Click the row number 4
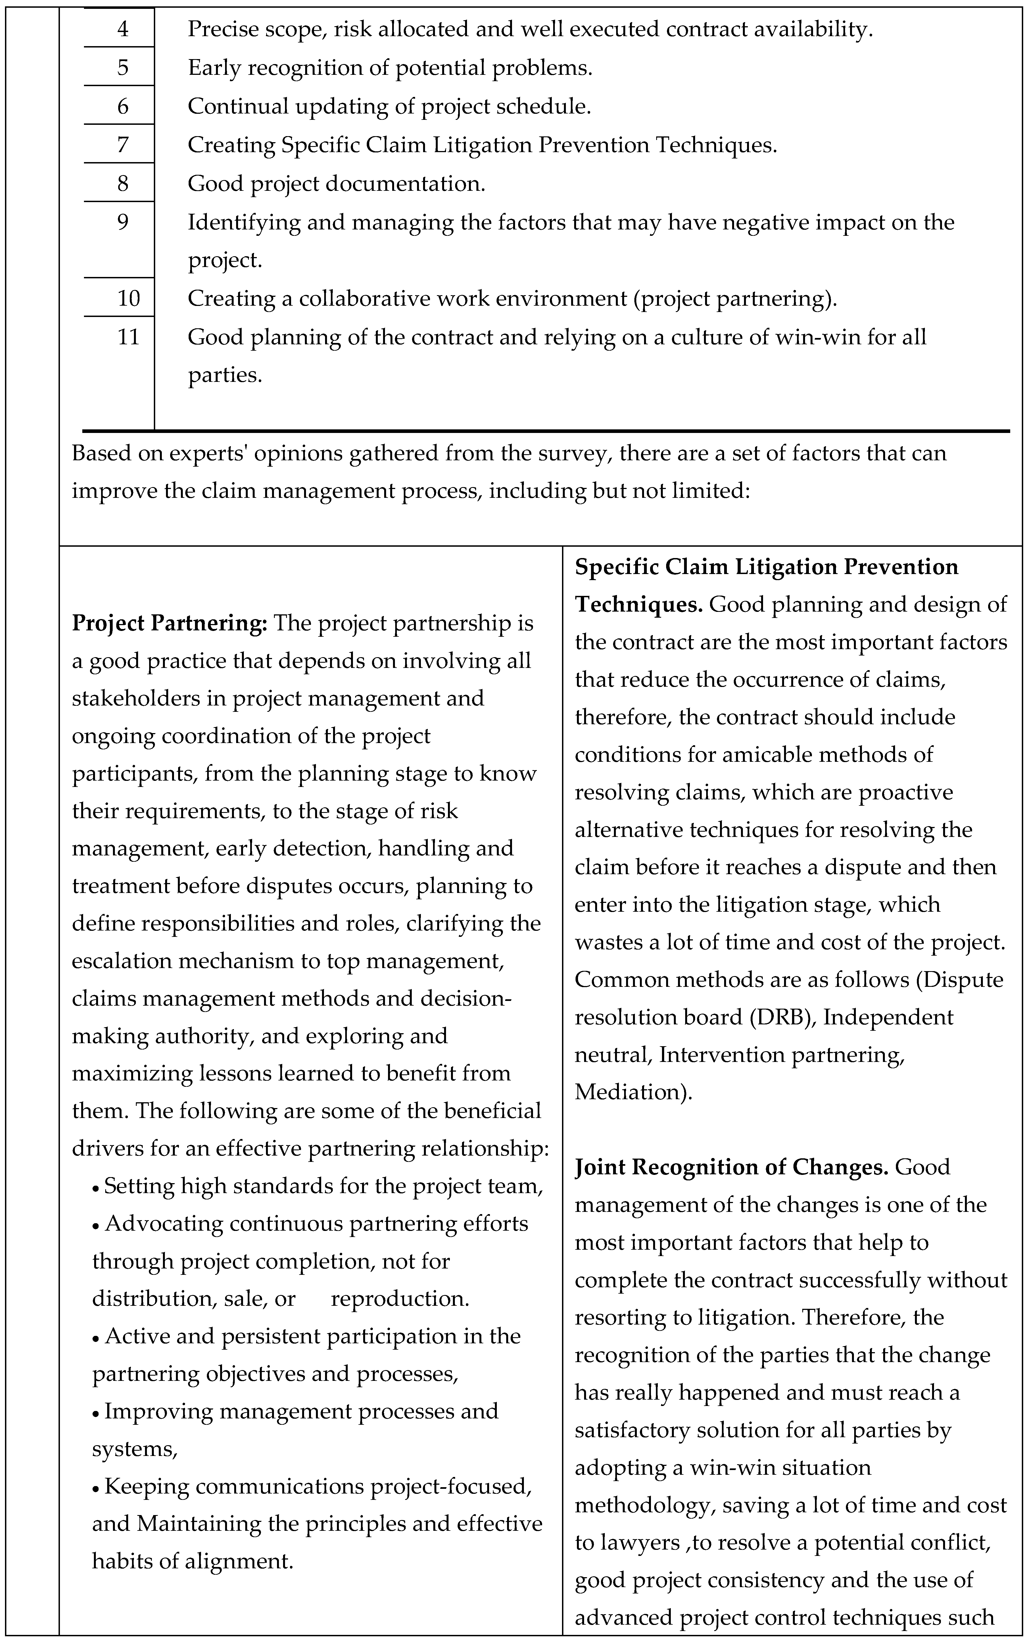point(123,29)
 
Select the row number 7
point(123,145)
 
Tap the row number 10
point(129,298)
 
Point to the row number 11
point(129,337)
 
